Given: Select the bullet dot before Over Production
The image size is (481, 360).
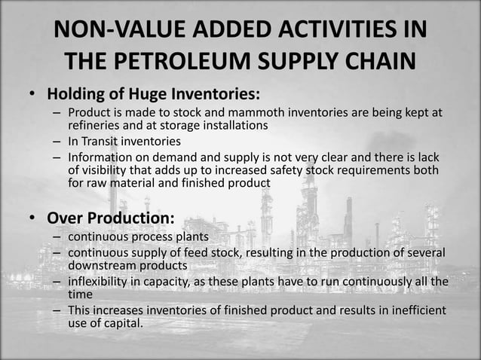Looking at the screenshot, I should pyautogui.click(x=33, y=218).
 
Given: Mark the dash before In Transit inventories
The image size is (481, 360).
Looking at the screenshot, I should pyautogui.click(x=57, y=141).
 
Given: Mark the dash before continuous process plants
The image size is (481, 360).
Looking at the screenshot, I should pyautogui.click(x=57, y=236).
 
